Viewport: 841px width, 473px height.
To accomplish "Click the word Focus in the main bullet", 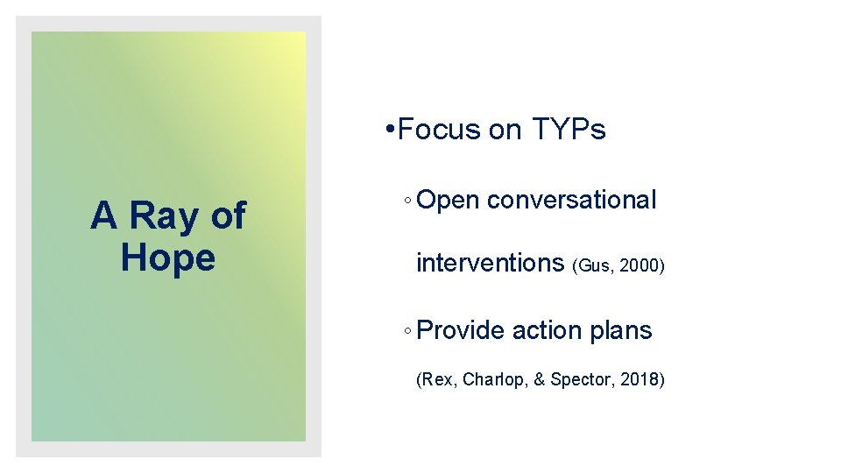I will coord(439,130).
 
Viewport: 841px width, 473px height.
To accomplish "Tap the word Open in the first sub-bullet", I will coord(448,201).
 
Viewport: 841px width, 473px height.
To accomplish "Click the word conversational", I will coord(571,200).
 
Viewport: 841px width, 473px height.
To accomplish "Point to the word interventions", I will coord(490,262).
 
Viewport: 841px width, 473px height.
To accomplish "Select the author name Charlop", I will coord(491,380).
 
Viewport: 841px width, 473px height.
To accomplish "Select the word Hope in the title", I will coord(168,258).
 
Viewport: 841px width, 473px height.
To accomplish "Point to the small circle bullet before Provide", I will coord(408,332).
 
